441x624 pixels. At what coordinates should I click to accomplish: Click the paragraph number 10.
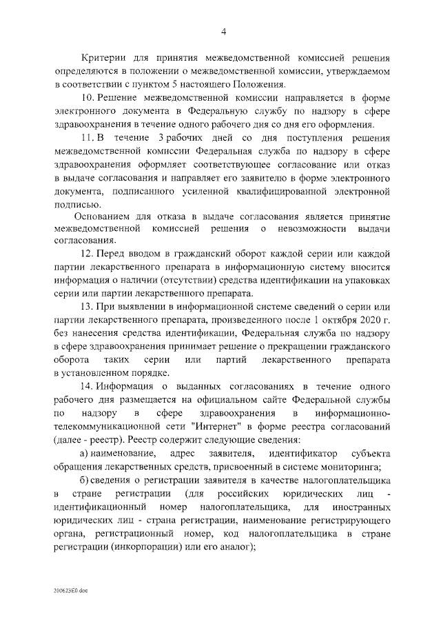point(88,98)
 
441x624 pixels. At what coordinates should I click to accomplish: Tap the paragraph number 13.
point(88,308)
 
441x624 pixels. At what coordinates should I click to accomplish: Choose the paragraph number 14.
point(88,388)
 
